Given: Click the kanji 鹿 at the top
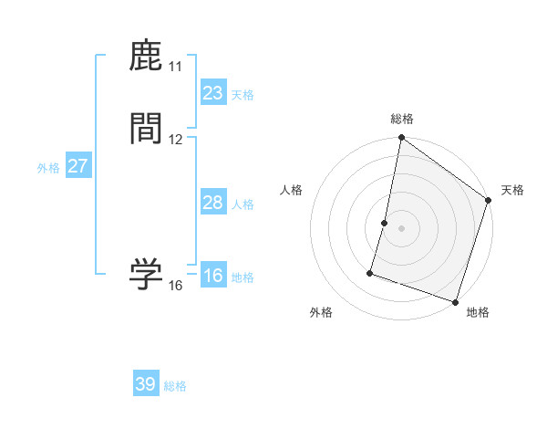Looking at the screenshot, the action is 147,57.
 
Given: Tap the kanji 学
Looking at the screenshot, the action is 147,274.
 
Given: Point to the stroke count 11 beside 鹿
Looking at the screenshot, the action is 175,67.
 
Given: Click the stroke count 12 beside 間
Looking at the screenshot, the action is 175,140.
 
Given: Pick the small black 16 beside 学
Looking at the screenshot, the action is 175,286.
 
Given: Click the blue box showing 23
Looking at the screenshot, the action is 212,93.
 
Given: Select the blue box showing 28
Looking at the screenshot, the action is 212,203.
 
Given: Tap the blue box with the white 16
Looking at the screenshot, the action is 212,276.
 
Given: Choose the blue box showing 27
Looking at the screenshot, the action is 77,166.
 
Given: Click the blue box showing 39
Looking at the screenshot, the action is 146,384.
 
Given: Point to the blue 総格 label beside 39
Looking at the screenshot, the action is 175,386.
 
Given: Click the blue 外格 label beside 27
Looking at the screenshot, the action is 48,168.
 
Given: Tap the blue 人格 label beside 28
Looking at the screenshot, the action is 243,204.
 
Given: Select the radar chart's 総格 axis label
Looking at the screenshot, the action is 402,119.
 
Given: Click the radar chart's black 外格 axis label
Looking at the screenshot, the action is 321,312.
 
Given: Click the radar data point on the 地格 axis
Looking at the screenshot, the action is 455,301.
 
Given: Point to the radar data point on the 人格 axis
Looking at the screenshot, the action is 385,222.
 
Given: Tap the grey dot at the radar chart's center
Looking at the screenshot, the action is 401,227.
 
